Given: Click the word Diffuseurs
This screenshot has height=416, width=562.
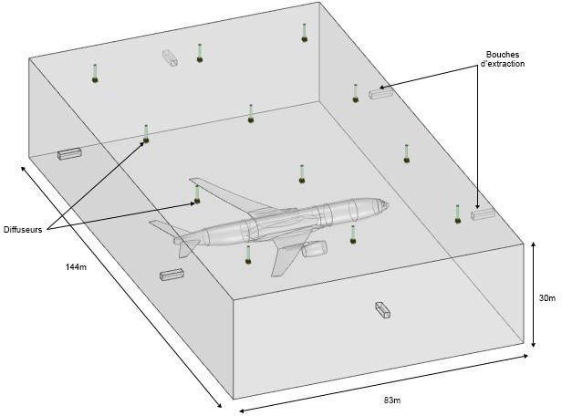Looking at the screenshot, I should pos(23,230).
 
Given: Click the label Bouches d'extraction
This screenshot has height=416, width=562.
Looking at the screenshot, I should pos(505,58).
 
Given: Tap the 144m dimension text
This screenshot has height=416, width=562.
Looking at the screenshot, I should pos(76,266).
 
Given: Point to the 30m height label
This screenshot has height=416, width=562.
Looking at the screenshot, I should pos(546,297).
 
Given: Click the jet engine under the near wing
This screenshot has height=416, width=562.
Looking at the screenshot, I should pos(315,248).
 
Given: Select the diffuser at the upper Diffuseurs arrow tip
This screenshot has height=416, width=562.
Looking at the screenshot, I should pos(145,140).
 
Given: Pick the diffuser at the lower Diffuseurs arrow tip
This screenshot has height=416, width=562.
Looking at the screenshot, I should pos(197,201).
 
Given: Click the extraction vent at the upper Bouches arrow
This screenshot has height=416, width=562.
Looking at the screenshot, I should pos(378,93).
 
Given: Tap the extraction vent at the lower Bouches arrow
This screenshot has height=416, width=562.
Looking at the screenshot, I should pos(482,214).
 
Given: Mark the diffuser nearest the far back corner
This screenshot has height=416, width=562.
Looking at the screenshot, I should pos(305,38).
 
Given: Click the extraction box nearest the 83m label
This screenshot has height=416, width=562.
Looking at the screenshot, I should pos(383,310).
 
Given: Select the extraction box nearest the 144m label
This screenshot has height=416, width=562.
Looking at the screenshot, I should pos(172,275).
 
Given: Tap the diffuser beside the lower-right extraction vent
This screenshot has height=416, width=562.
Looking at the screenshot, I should pos(457,219).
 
